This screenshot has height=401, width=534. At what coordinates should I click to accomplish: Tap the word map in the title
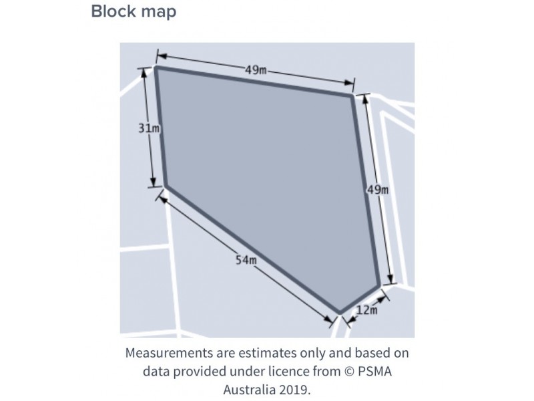[159, 13]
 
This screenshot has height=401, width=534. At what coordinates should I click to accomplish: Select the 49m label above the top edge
[256, 70]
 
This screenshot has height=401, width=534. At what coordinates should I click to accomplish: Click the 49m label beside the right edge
[378, 189]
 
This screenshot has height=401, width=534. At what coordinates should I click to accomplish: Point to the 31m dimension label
[149, 128]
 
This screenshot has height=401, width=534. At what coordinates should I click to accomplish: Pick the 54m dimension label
[246, 260]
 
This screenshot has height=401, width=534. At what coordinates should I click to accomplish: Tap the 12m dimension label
[366, 310]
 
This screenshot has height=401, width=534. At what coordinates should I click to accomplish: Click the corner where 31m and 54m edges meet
[166, 186]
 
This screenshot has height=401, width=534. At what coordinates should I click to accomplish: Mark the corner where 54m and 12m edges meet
[340, 312]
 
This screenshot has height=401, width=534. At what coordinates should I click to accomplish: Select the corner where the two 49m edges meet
[352, 96]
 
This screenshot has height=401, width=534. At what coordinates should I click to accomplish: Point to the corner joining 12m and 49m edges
[378, 286]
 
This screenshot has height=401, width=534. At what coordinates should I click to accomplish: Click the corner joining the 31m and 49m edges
[156, 68]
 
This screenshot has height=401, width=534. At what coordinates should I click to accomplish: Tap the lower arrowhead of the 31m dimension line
[153, 182]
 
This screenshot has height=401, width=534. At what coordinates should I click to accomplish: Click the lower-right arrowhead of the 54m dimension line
[328, 319]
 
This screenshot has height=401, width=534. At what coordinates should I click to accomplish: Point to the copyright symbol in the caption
[348, 371]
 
